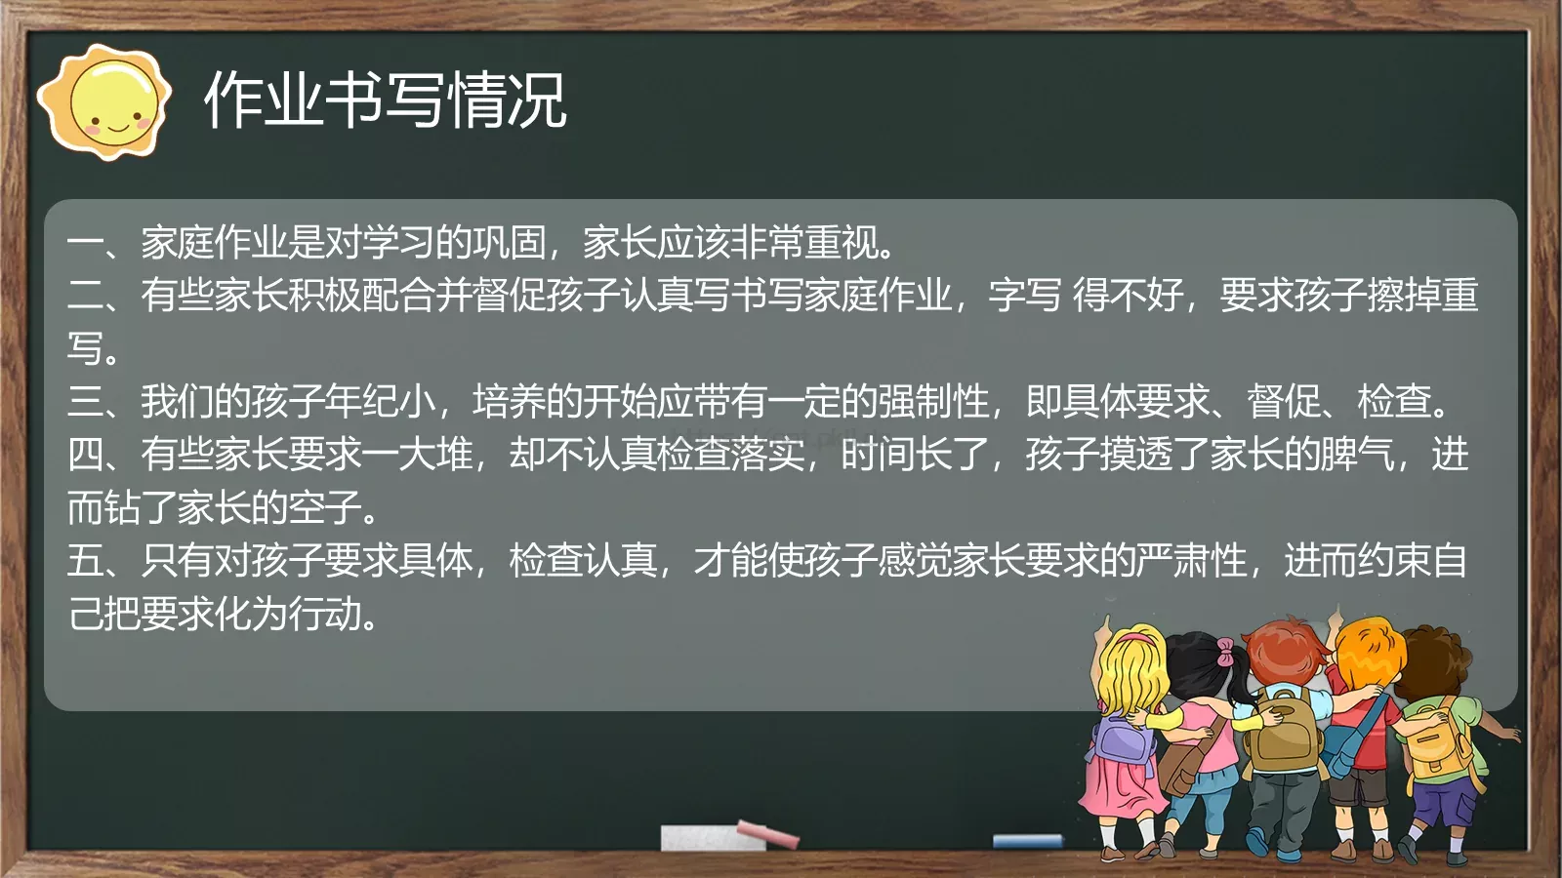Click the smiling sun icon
tap(104, 101)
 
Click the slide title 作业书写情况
tap(386, 100)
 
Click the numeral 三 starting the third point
tap(86, 401)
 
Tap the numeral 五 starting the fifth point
tap(86, 560)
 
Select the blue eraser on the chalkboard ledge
tap(1027, 840)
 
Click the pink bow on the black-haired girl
tap(1223, 651)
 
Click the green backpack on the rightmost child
tap(1433, 737)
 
